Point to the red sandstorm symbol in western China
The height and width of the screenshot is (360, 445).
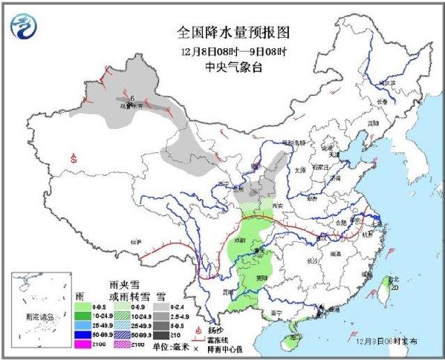pyautogui.click(x=74, y=157)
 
